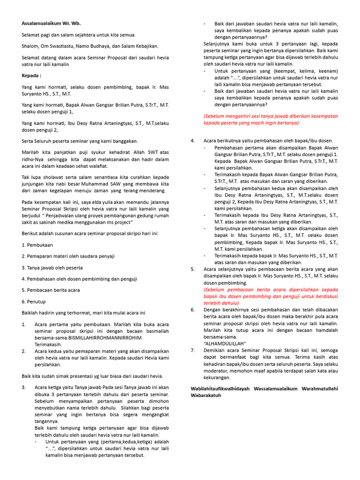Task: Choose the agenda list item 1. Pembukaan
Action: point(37,245)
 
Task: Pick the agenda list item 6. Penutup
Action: point(34,301)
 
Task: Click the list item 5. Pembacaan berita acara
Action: point(51,290)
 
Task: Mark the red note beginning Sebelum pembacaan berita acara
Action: point(270,296)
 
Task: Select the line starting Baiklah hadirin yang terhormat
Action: point(83,313)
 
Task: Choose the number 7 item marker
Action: point(192,350)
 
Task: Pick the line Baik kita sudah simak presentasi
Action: point(92,376)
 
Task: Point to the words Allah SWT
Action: point(141,152)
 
